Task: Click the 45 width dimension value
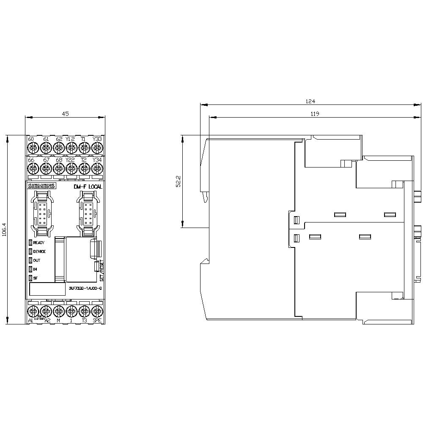65,113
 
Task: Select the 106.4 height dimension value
5,230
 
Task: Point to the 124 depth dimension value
310,101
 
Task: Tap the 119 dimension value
314,113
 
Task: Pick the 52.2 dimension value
179,181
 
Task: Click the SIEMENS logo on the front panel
41,187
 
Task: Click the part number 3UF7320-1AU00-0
85,288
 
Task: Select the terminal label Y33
97,139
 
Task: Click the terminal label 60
30,139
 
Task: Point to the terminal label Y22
70,159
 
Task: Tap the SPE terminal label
97,321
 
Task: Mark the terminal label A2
47,321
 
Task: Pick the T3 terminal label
84,321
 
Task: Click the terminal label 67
46,159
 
